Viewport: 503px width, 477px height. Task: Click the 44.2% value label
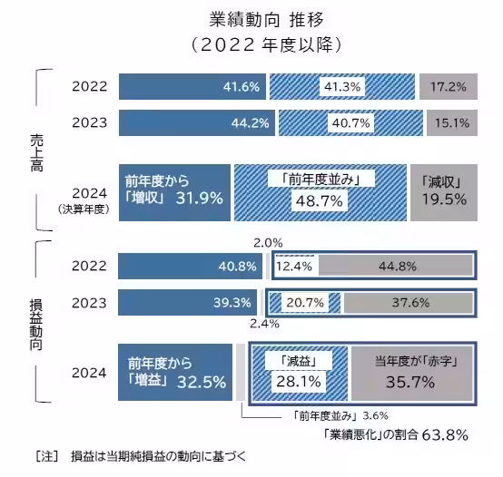coord(242,123)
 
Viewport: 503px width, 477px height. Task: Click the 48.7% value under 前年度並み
coord(315,199)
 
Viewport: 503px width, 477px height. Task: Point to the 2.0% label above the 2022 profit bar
coord(268,243)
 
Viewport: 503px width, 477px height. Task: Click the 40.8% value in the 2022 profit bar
coord(240,266)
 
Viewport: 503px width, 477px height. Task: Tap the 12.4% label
coord(294,266)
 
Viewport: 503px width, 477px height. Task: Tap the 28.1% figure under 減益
coord(292,382)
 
